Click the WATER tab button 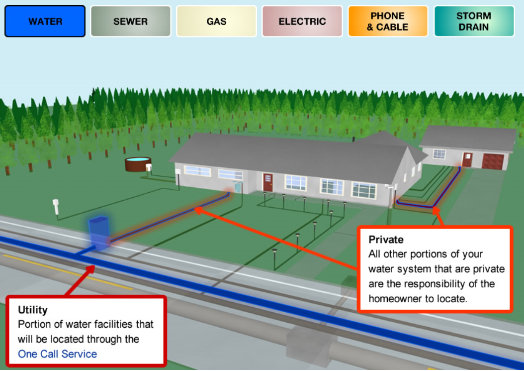click(45, 21)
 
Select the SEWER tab click(130, 21)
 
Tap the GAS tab click(216, 21)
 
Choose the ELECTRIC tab click(302, 21)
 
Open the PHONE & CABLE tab click(387, 21)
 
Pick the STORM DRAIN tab click(473, 21)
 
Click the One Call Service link click(57, 354)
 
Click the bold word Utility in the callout click(33, 310)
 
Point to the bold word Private click(386, 240)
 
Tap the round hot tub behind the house click(138, 164)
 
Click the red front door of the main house click(268, 182)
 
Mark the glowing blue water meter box click(99, 233)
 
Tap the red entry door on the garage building click(467, 159)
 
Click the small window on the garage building click(439, 154)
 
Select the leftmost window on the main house click(197, 171)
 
